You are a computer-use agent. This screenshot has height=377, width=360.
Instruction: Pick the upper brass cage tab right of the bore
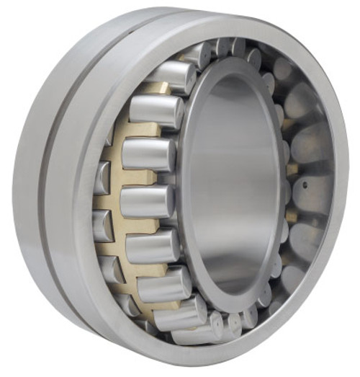[292, 169]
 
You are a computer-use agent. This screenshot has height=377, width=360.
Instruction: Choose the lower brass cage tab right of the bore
[291, 216]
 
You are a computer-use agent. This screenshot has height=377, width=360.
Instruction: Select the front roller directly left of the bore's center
[148, 202]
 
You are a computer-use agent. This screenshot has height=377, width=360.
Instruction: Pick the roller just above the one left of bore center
[148, 154]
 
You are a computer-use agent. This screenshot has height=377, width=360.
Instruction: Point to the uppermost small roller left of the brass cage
[108, 138]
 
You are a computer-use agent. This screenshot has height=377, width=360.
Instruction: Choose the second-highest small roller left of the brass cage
[102, 177]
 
